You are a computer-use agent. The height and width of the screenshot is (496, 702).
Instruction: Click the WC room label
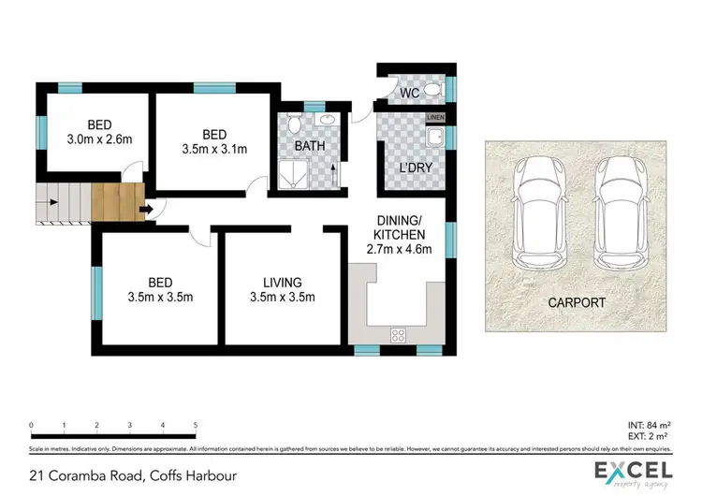point(409,93)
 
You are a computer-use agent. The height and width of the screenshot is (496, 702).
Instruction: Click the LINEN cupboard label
point(435,117)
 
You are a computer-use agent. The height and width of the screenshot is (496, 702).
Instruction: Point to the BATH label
point(310,147)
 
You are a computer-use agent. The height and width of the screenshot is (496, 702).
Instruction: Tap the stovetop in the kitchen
point(398,334)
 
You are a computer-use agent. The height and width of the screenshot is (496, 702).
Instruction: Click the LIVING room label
point(282,282)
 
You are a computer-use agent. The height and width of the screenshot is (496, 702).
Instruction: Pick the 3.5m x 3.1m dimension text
point(215,148)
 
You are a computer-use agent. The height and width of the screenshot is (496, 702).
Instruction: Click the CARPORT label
point(578,303)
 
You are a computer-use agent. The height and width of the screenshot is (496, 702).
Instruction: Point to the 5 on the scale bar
point(195,425)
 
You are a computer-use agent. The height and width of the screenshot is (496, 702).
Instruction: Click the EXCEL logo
point(633,472)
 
